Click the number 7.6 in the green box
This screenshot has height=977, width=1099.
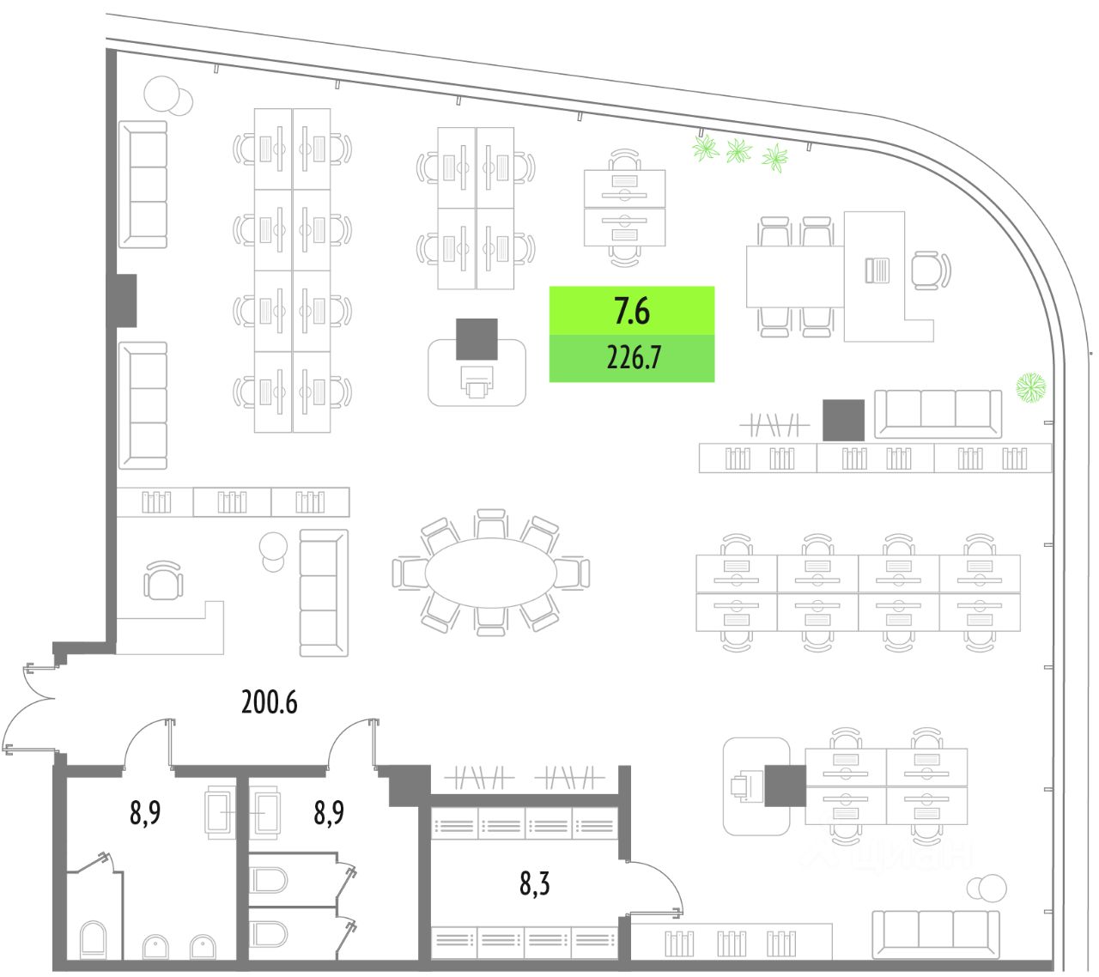pyautogui.click(x=632, y=311)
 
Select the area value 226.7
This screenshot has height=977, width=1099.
pyautogui.click(x=633, y=357)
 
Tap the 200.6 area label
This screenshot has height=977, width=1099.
pyautogui.click(x=269, y=702)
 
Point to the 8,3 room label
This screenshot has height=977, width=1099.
pyautogui.click(x=534, y=883)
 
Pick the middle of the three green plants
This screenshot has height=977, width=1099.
pyautogui.click(x=738, y=152)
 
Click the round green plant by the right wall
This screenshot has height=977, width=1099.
pyautogui.click(x=1031, y=387)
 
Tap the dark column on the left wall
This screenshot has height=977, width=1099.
pyautogui.click(x=125, y=300)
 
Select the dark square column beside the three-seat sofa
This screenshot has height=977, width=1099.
pyautogui.click(x=843, y=420)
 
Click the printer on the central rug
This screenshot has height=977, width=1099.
pyautogui.click(x=477, y=380)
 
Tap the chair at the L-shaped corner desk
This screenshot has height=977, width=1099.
pyautogui.click(x=930, y=270)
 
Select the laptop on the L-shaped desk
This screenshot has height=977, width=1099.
pyautogui.click(x=877, y=270)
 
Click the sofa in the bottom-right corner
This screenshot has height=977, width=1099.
pyautogui.click(x=936, y=933)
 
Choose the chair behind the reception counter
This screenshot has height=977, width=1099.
pyautogui.click(x=163, y=581)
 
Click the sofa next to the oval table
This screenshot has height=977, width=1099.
pyautogui.click(x=324, y=592)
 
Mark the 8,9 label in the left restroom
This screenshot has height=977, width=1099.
pyautogui.click(x=145, y=811)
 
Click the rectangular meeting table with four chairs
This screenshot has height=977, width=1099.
pyautogui.click(x=794, y=276)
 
